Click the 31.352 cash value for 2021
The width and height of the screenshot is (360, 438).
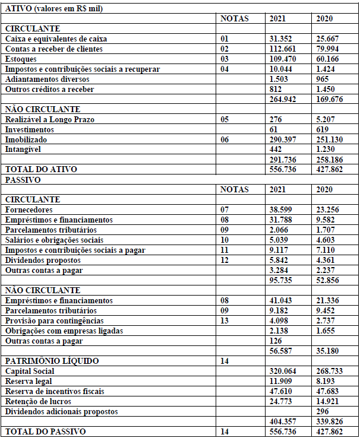280,39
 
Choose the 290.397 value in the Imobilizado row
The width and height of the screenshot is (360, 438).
282,139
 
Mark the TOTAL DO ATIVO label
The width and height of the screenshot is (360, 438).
41,169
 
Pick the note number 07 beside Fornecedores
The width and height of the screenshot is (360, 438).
225,210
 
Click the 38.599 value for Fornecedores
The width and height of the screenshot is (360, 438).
280,210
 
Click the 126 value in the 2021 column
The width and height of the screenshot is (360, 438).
276,341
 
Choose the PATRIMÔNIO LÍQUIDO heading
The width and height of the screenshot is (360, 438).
52,361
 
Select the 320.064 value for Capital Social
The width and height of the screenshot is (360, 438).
282,371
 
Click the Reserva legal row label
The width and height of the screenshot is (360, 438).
29,381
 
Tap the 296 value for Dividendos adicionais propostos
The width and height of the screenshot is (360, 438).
322,411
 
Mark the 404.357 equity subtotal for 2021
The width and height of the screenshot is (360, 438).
282,421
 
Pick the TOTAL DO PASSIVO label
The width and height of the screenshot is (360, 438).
45,431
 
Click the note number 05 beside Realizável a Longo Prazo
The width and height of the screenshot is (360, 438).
225,119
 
